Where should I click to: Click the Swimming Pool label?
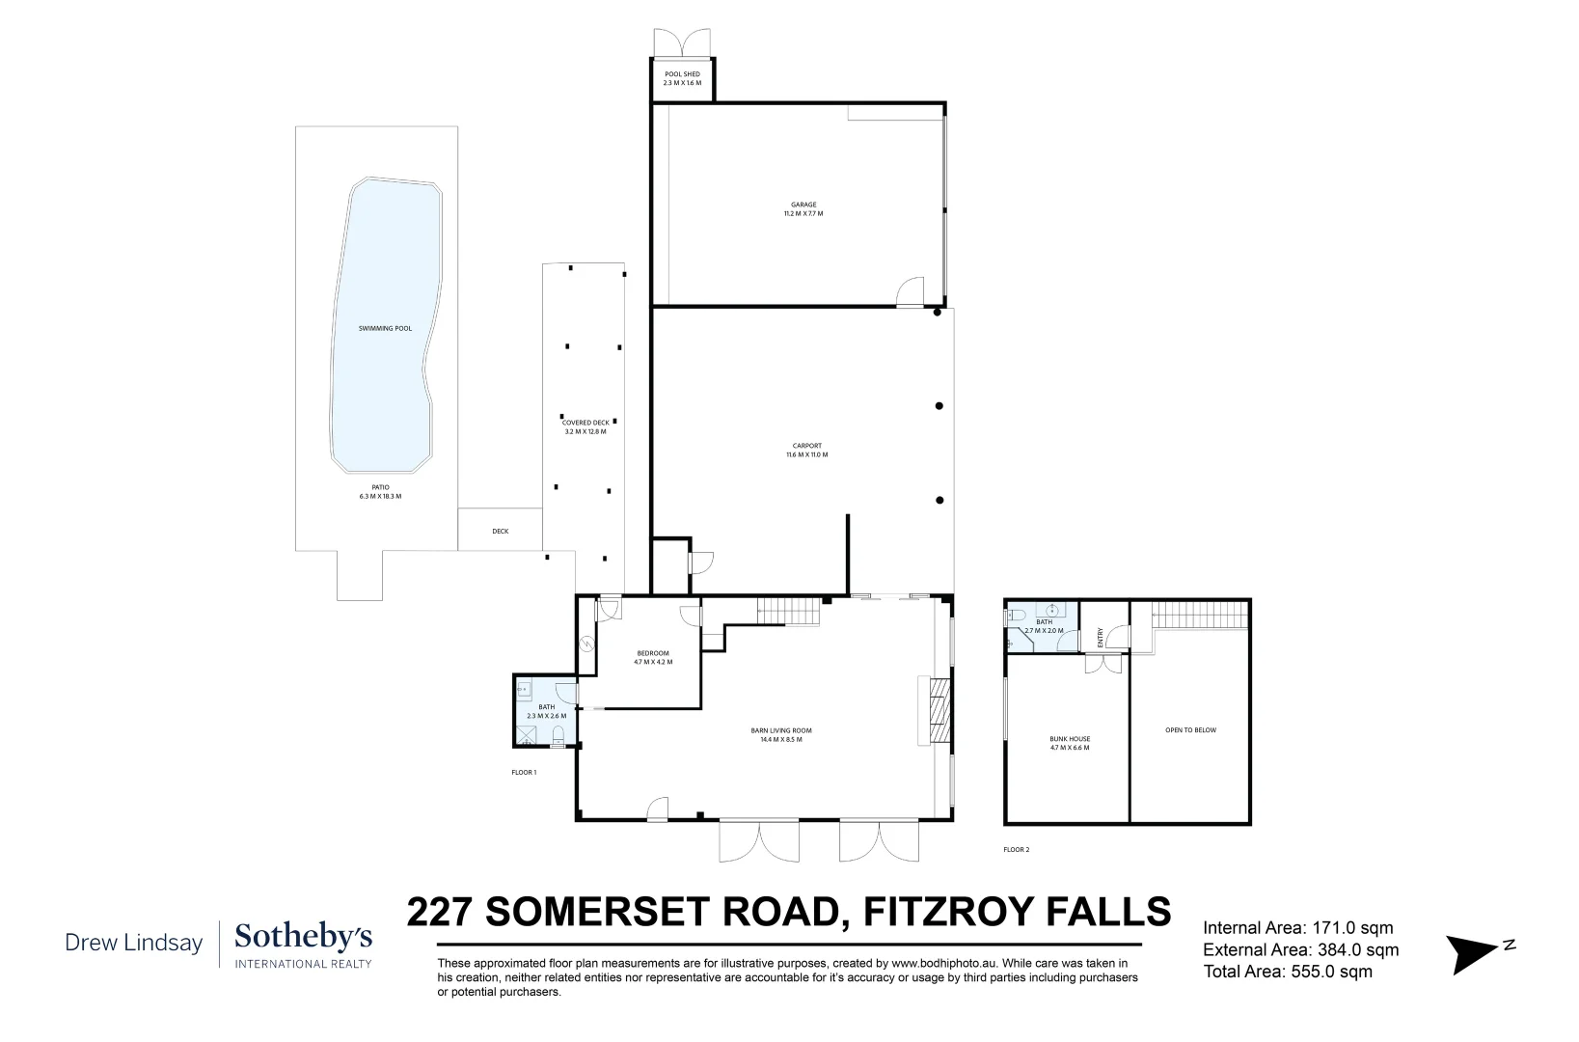click(385, 328)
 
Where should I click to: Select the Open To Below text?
click(1190, 730)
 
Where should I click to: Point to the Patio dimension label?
click(379, 492)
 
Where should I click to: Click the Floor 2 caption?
click(1017, 850)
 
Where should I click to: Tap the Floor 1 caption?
click(524, 772)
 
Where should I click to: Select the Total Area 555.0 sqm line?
click(1288, 972)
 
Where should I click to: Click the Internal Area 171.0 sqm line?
click(1297, 928)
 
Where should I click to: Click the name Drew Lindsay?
click(134, 942)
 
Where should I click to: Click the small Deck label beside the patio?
click(500, 531)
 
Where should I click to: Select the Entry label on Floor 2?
click(1100, 638)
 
